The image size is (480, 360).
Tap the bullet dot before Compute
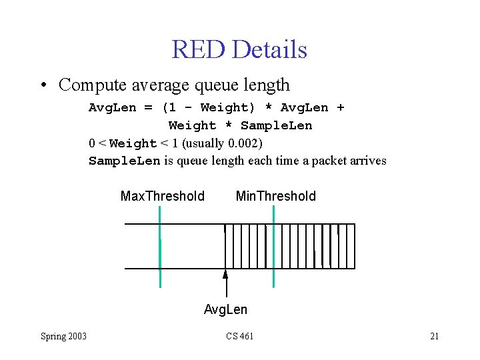point(43,85)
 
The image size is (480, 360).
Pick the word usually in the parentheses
point(204,143)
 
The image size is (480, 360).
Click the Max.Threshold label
point(163,196)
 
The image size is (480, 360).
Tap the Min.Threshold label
point(276,196)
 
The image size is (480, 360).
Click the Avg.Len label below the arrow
point(225,309)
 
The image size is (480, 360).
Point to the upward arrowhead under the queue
point(225,274)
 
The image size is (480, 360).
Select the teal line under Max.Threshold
point(160,247)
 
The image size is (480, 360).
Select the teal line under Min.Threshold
point(273,247)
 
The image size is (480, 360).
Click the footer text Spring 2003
point(63,336)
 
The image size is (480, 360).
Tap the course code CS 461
point(239,336)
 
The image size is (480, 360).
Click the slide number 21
point(434,336)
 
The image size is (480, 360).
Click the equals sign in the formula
point(148,107)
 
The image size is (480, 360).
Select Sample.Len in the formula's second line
point(276,125)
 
